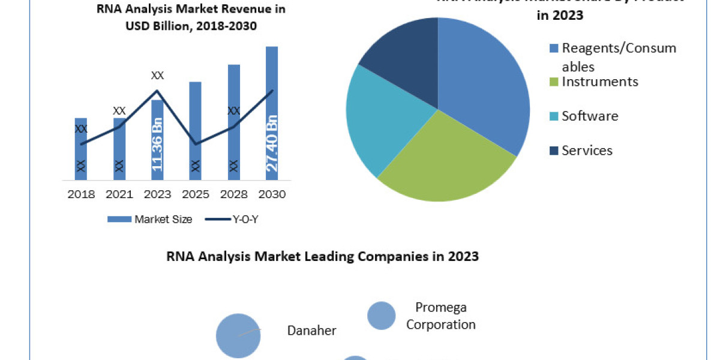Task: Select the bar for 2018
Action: click(81, 150)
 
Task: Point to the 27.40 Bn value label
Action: click(272, 145)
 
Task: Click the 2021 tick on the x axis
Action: click(119, 194)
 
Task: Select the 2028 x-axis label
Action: click(233, 194)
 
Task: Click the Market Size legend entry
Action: click(150, 220)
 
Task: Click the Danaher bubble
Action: click(238, 335)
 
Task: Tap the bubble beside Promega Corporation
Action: click(381, 316)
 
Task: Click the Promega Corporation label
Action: click(441, 316)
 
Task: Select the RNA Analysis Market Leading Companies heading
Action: click(322, 257)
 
